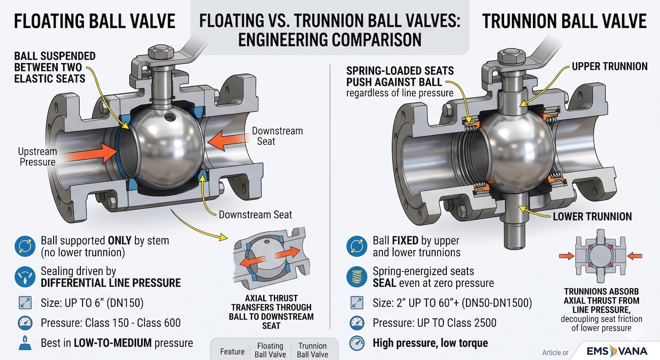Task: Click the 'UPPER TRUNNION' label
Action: coord(609,66)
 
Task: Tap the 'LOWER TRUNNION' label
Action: coord(592,216)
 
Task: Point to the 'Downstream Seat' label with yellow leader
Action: coord(255,215)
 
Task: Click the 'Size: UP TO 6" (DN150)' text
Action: coord(92,303)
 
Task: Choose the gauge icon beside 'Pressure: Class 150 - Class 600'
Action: coord(25,323)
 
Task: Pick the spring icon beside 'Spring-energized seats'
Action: coord(357,277)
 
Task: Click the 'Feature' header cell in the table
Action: coord(232,351)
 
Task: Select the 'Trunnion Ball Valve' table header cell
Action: coord(312,350)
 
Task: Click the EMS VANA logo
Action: coord(617,351)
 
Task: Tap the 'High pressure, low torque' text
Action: coord(430,343)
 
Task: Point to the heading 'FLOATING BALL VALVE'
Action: coord(94,21)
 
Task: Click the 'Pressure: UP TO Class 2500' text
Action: coord(434,323)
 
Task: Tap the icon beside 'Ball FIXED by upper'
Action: coord(357,246)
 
